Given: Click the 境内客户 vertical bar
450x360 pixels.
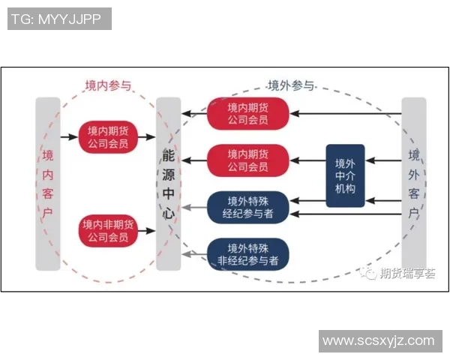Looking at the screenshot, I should [x=47, y=183].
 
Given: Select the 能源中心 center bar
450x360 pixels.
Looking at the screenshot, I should [x=169, y=183].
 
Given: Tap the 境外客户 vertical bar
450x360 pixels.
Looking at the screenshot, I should [x=413, y=183].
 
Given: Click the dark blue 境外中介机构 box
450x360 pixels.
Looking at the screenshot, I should [x=345, y=175].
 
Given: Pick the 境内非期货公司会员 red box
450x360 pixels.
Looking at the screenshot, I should [x=108, y=231].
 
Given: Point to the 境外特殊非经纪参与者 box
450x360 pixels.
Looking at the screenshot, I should [x=248, y=253].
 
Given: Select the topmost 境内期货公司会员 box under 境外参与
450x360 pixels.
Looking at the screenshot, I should [x=248, y=113].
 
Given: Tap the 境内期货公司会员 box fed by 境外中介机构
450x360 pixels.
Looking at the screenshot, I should [x=248, y=160].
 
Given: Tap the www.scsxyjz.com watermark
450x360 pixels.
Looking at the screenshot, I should [x=378, y=341].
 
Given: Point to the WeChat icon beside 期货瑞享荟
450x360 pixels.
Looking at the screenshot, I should [x=371, y=274].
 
